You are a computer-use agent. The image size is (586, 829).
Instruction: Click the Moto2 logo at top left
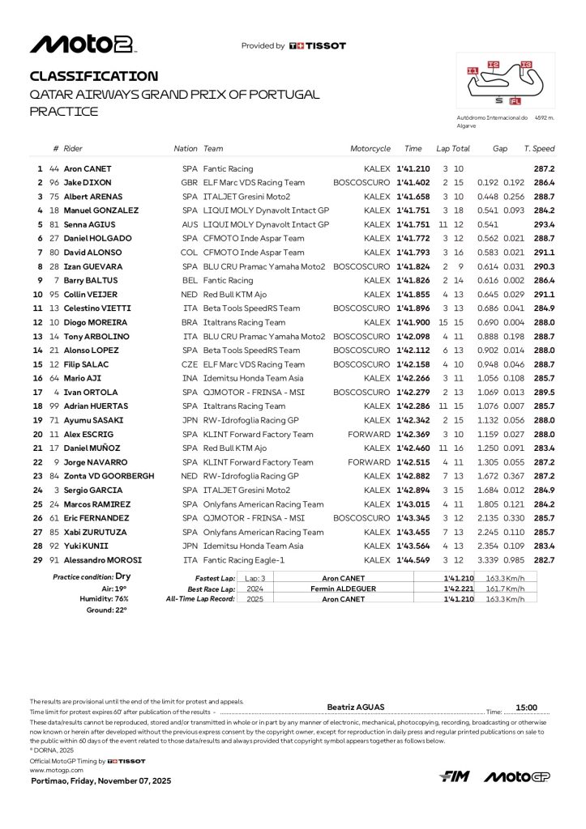(x=82, y=45)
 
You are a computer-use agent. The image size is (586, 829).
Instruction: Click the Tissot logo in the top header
(x=318, y=46)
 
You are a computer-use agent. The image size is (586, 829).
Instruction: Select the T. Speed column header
(x=539, y=149)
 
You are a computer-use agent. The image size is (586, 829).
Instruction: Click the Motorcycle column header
(x=370, y=149)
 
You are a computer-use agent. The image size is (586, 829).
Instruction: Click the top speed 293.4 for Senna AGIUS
(x=544, y=224)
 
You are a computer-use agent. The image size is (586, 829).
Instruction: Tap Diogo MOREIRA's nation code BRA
(x=190, y=322)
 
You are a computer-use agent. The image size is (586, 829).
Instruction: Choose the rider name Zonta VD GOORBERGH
(x=109, y=476)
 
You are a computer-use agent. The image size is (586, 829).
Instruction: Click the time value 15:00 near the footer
(x=527, y=707)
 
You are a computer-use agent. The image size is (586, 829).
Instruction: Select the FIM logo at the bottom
(x=455, y=777)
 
